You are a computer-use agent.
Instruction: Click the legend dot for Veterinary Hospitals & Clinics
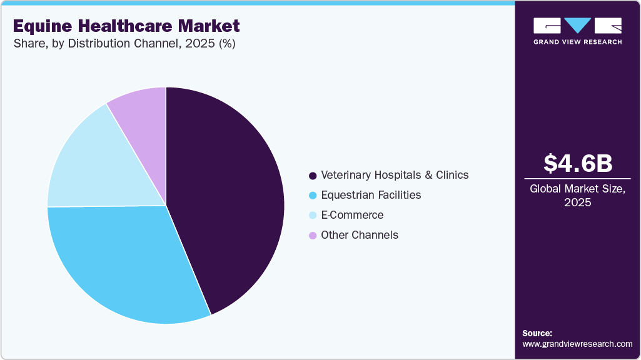[312, 175]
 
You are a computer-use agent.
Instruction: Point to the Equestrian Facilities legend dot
[312, 195]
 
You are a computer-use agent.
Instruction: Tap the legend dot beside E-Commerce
[312, 215]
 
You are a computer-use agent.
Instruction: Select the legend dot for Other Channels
[312, 235]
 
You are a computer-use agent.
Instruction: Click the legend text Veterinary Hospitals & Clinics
[395, 175]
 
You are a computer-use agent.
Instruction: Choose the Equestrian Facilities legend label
[371, 195]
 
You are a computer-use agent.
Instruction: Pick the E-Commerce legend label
[352, 215]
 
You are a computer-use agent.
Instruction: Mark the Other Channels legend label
[360, 235]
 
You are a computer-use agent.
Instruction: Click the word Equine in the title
[41, 26]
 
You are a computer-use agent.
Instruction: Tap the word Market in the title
[209, 26]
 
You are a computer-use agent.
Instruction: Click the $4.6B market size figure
[577, 163]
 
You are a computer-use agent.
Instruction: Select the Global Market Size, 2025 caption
[577, 195]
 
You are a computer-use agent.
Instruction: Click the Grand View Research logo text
[577, 42]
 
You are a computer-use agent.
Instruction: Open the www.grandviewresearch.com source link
[577, 344]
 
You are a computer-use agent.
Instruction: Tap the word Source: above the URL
[537, 333]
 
